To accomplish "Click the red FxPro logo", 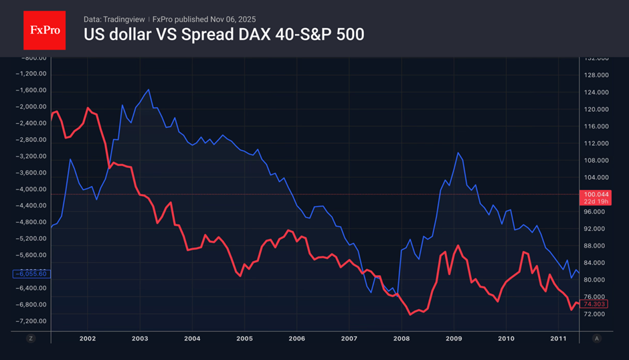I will point(45,29).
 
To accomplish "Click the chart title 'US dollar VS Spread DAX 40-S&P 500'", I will point(223,35).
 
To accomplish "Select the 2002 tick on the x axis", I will point(87,339).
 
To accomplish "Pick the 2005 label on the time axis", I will point(244,339).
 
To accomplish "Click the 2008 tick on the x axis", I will point(401,339).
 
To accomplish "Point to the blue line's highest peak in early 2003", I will point(148,89).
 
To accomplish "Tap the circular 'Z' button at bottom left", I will point(30,339).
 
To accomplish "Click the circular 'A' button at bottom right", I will point(596,339).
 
